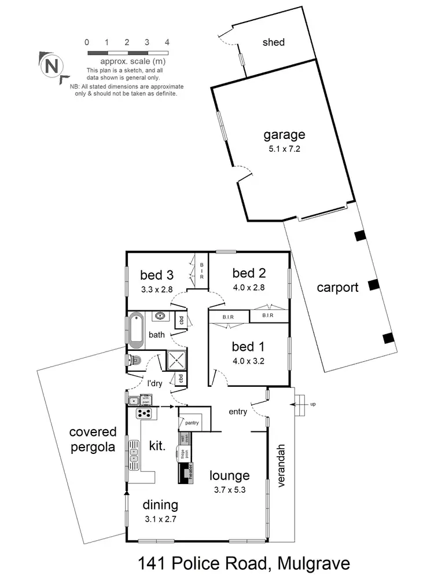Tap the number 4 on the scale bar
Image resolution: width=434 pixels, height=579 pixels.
click(167, 42)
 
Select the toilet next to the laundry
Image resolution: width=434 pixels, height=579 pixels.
click(134, 361)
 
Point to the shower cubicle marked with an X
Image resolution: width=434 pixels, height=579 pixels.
click(175, 360)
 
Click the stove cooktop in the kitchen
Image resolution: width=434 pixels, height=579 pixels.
click(143, 413)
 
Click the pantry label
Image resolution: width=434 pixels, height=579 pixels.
click(192, 423)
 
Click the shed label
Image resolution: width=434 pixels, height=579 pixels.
click(274, 42)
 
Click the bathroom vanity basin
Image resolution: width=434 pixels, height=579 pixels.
click(160, 316)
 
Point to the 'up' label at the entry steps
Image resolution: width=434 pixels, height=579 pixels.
click(313, 404)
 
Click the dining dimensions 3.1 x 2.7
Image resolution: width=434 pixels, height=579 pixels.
click(160, 519)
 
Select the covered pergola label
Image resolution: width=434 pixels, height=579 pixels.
click(93, 439)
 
